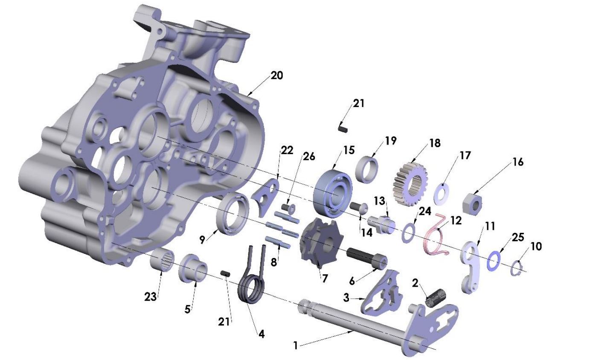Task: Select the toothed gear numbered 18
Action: click(x=410, y=183)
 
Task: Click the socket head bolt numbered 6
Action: click(x=366, y=256)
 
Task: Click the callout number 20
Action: click(x=276, y=75)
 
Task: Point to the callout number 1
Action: click(x=295, y=345)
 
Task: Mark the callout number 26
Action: click(x=308, y=157)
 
